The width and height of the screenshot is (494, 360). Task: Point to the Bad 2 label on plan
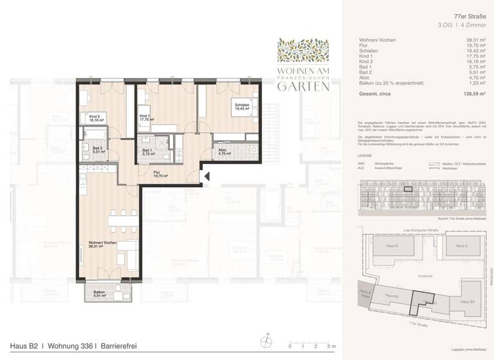tap(92, 150)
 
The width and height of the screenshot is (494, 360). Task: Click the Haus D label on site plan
tap(391, 246)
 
